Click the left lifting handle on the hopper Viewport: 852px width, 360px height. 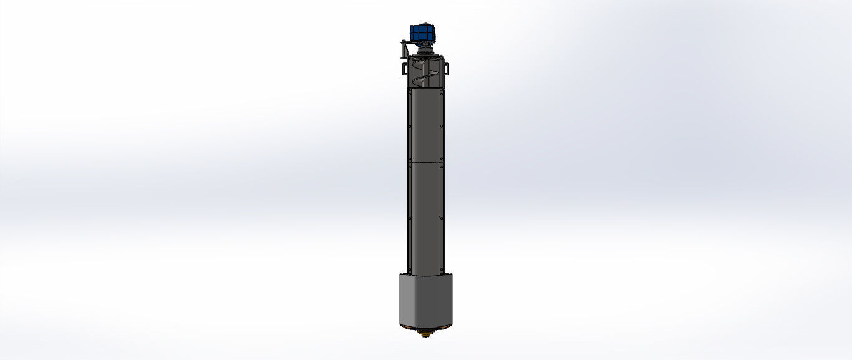404,67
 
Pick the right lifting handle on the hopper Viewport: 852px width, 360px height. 447,67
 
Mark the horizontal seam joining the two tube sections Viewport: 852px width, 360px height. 425,163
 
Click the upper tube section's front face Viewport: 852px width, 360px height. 425,125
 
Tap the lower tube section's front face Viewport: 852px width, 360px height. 425,218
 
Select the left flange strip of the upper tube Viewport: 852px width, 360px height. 409,125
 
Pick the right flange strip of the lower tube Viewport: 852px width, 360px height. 442,218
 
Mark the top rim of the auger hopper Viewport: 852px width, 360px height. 425,57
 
